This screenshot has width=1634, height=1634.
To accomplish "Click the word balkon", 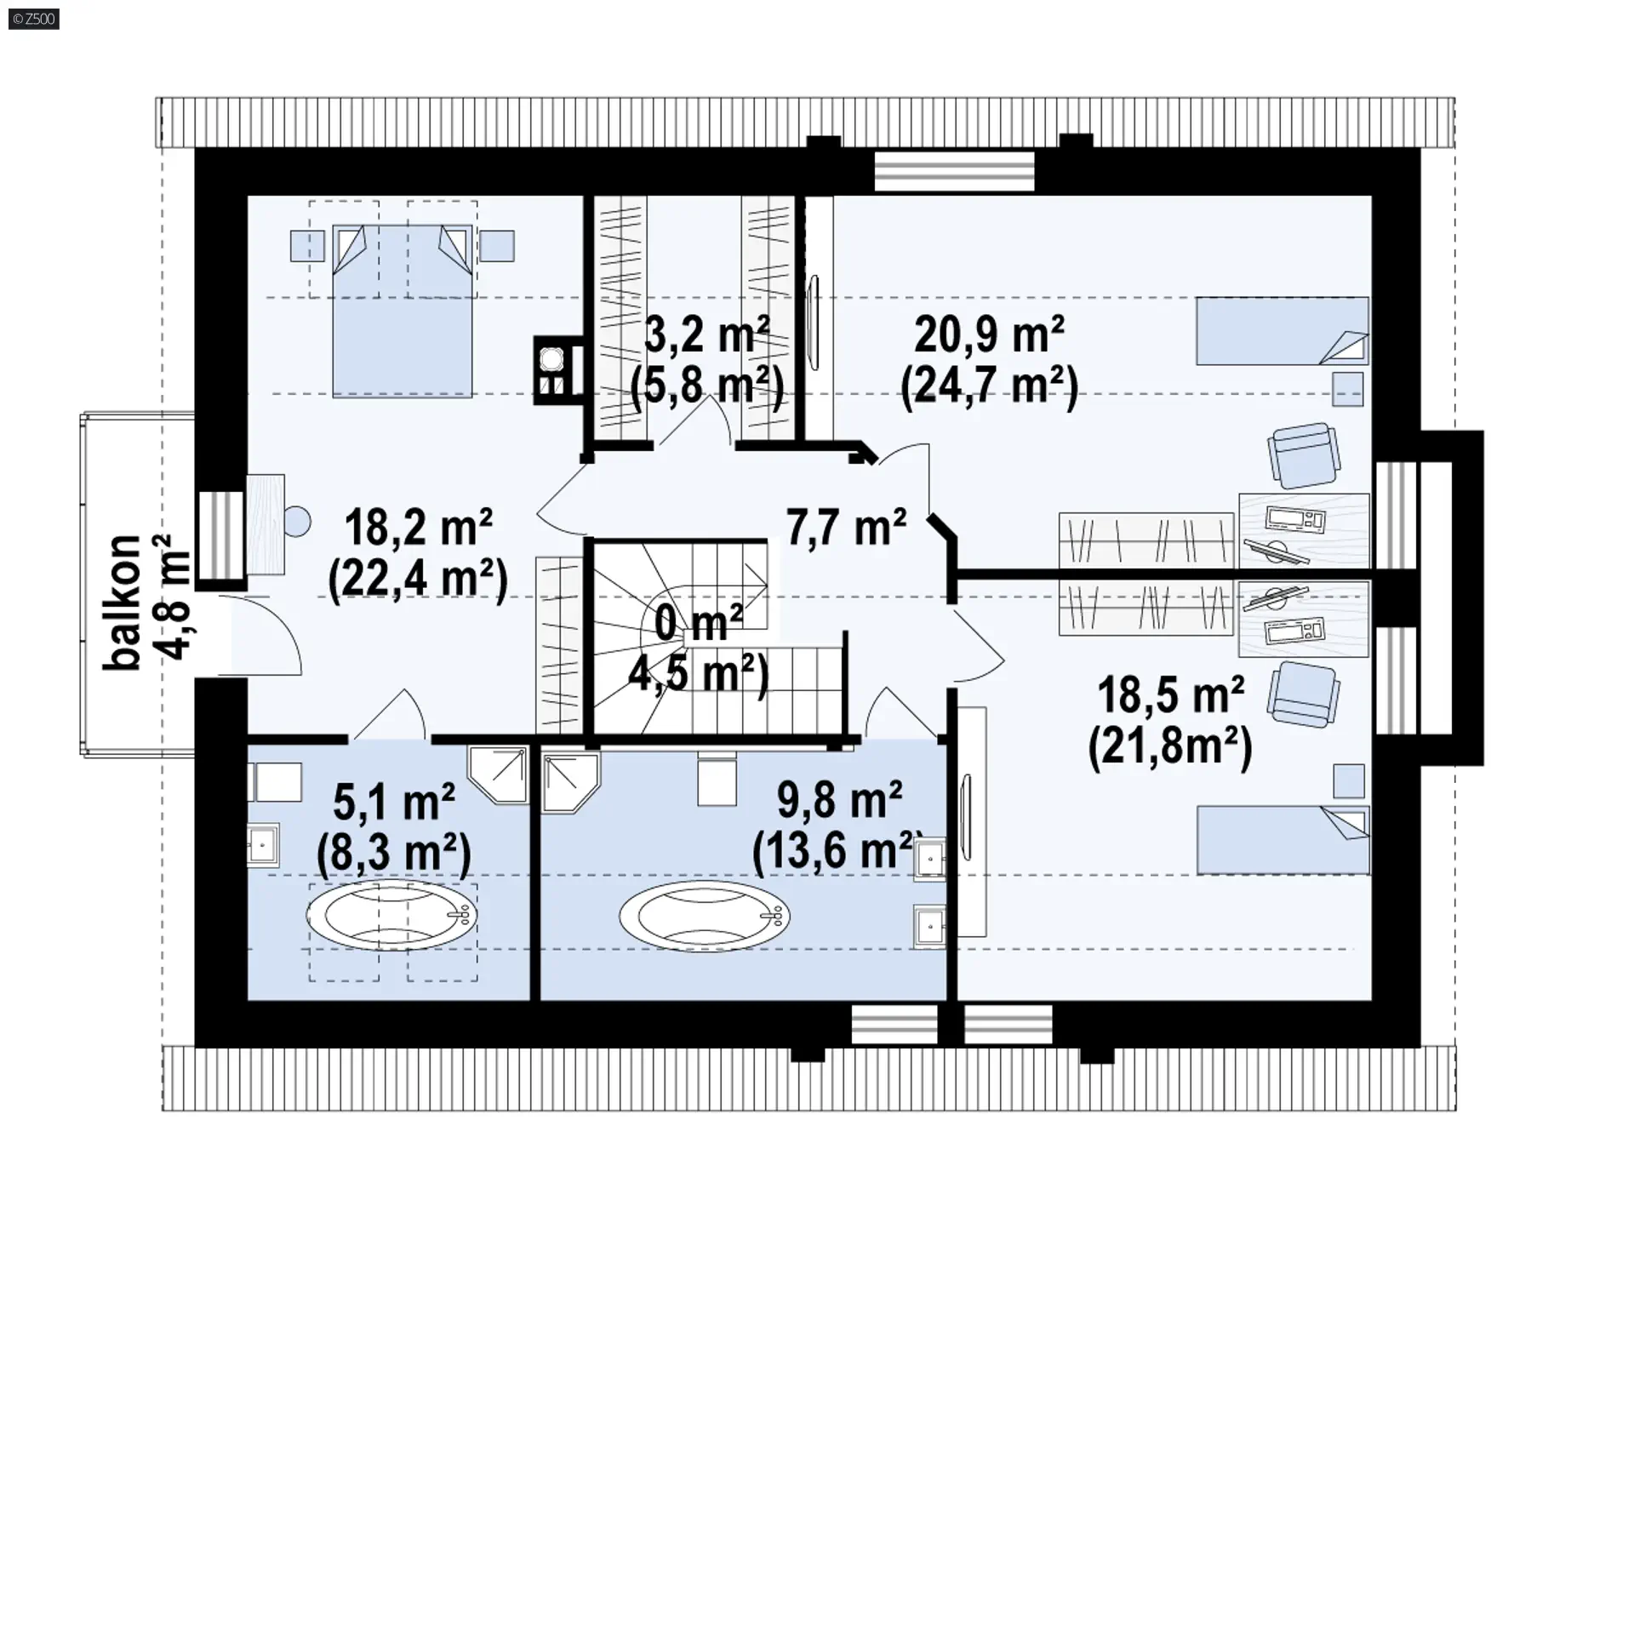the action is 122,603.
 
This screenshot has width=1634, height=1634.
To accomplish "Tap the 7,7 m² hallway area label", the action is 846,528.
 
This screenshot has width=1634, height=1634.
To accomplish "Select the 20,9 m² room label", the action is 990,334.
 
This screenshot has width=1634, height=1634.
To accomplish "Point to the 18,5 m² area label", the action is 1171,695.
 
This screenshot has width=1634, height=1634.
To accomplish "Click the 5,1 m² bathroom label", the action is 394,802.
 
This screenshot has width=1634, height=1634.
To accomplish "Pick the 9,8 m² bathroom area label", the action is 839,800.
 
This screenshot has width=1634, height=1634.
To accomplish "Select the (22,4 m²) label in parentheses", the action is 418,581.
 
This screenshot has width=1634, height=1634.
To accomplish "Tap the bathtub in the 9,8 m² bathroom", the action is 704,916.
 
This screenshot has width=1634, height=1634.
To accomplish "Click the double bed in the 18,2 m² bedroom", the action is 402,311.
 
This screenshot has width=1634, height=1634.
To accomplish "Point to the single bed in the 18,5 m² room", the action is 1283,840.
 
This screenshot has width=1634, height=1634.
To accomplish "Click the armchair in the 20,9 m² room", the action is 1303,456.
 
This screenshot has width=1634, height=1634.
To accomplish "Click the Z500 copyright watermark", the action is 34,18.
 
